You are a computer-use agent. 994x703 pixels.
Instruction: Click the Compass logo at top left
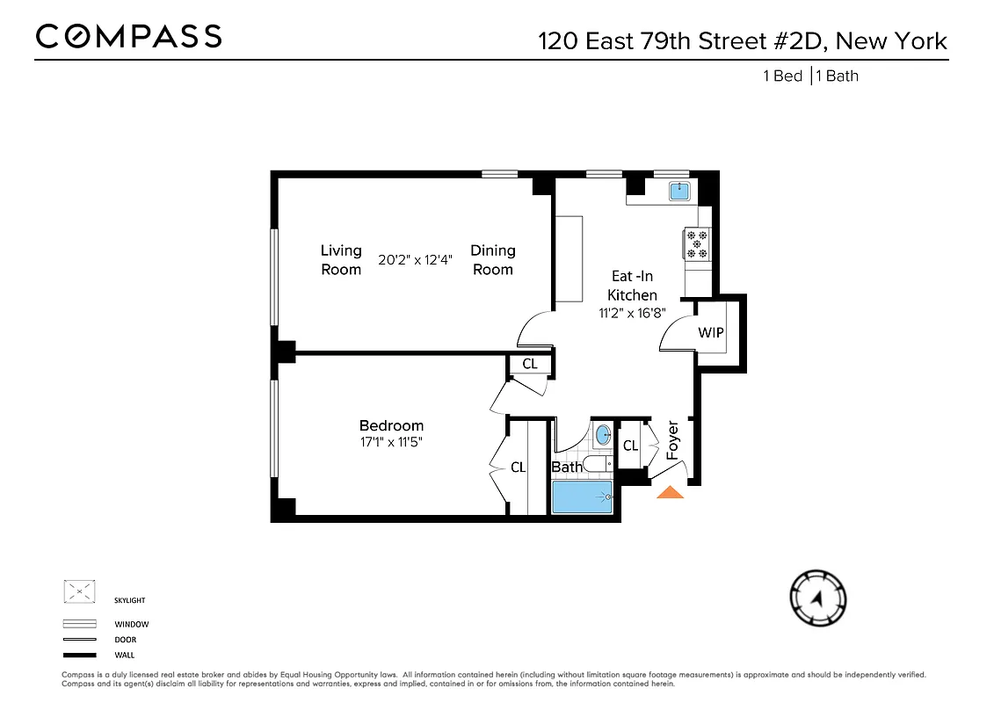pos(128,36)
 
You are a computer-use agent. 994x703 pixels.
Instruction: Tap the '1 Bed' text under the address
pos(782,76)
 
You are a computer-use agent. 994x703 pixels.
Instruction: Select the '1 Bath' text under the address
pos(838,76)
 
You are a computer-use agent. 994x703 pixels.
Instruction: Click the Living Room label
pos(341,260)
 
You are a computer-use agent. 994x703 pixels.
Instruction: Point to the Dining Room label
pos(493,260)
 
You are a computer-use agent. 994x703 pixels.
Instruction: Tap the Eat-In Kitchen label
pos(632,286)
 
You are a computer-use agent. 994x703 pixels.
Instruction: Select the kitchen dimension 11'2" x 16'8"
pos(632,312)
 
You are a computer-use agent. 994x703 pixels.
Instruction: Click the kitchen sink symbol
pos(679,190)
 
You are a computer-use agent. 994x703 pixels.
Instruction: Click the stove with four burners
pos(697,243)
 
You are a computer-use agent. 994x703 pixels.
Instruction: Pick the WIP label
pos(711,333)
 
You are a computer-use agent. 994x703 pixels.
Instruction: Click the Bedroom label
pos(391,426)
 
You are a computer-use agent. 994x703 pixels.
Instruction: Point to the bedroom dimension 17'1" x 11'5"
pos(391,443)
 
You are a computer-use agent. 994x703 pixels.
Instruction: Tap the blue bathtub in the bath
pos(581,497)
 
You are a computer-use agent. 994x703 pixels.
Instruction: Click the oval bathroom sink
pos(603,434)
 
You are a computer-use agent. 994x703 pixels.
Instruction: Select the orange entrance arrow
pos(671,493)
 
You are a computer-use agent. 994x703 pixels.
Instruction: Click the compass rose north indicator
pos(818,599)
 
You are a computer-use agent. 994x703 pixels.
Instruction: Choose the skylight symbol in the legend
pos(79,591)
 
